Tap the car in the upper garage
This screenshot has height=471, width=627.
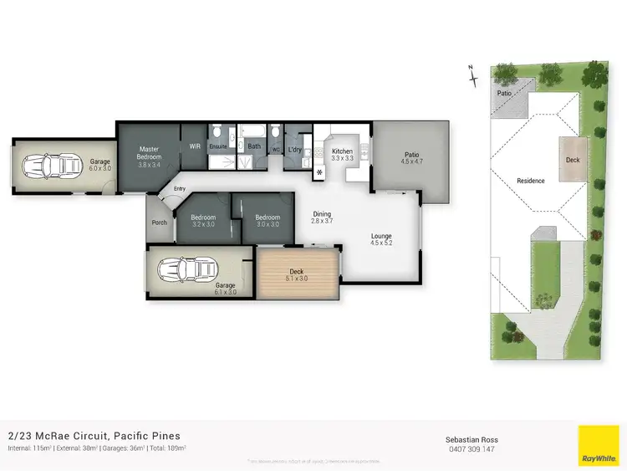51,166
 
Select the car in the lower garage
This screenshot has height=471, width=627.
181,269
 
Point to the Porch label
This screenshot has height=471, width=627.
159,223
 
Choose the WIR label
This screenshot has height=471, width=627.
195,146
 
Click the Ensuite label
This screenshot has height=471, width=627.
218,146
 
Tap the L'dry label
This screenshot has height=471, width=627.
294,150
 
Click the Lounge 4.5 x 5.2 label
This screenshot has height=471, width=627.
381,239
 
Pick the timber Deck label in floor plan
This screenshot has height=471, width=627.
298,271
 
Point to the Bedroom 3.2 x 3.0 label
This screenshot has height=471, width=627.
204,221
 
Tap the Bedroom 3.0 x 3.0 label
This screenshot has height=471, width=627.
267,221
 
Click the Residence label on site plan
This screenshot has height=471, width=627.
530,181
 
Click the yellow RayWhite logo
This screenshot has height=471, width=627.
599,446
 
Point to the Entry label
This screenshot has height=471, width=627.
180,189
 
